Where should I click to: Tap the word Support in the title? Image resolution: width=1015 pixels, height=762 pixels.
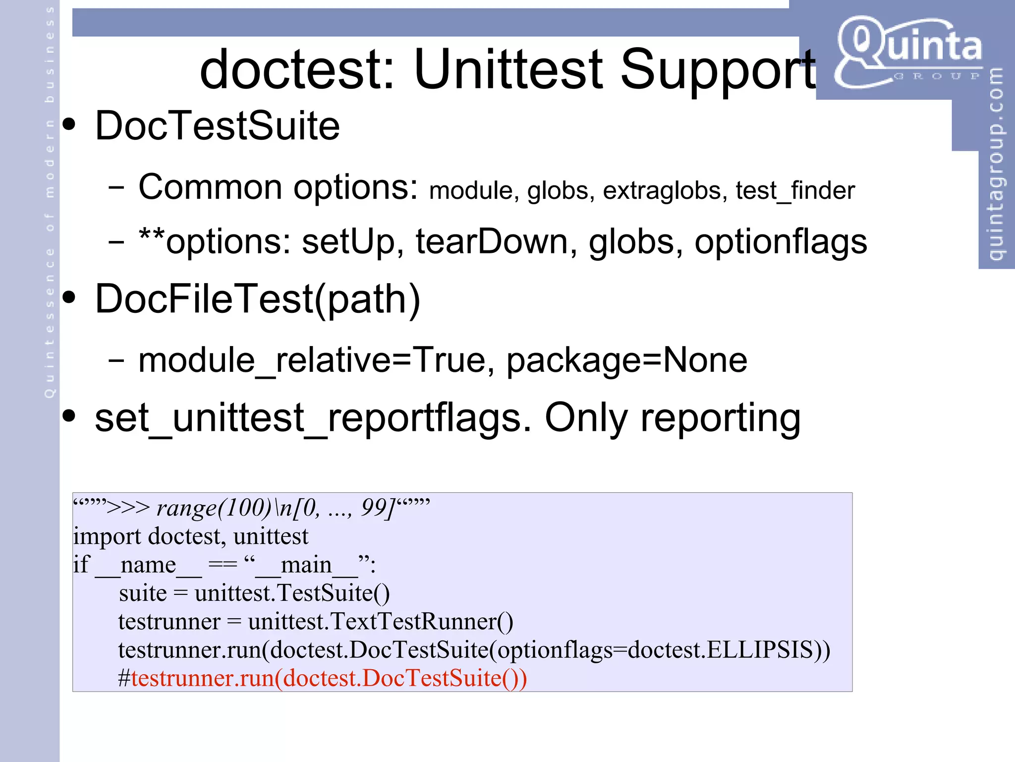coord(718,70)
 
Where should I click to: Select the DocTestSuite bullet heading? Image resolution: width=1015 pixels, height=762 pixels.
coord(217,126)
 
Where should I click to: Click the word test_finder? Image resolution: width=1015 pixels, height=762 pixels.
coord(795,191)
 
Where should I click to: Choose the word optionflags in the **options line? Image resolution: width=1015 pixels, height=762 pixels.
coord(781,242)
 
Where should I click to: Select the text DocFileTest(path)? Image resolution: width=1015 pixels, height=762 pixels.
coord(258,299)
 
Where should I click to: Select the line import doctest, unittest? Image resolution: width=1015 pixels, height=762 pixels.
coord(191,536)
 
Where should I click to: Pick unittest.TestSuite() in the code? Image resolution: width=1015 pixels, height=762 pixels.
coord(292,593)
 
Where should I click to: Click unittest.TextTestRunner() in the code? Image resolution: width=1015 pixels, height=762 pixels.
coord(381,621)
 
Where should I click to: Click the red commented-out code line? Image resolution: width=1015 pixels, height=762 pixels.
coord(322,678)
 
